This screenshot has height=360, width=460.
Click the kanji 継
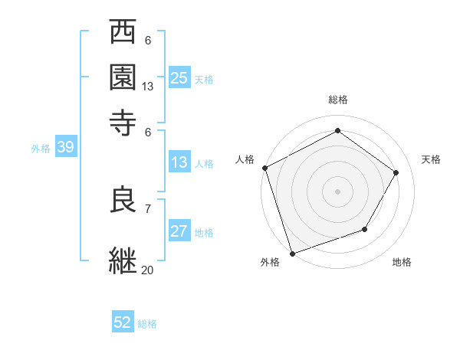click(123, 260)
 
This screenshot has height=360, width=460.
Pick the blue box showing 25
click(179, 77)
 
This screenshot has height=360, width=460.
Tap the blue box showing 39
click(65, 148)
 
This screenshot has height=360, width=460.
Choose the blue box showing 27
click(179, 232)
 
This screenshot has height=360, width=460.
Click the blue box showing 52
click(123, 322)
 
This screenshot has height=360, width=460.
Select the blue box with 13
click(179, 162)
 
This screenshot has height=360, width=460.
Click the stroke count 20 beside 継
click(148, 270)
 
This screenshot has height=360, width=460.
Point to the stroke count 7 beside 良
click(148, 208)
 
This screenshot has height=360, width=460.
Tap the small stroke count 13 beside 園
click(148, 87)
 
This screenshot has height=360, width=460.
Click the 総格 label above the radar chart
click(338, 100)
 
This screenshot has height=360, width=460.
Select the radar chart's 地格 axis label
click(402, 263)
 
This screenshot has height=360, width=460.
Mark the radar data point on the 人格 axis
click(265, 168)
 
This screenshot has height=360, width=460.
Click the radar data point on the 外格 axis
click(293, 253)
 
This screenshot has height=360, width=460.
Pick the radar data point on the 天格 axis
click(396, 172)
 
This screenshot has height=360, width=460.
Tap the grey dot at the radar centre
click(338, 191)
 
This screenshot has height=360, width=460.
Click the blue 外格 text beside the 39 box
click(41, 149)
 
